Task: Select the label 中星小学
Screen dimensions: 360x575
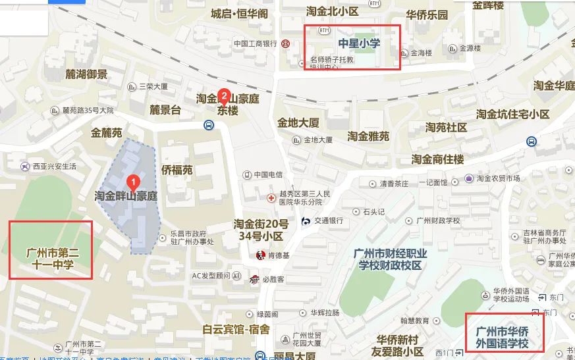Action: point(360,43)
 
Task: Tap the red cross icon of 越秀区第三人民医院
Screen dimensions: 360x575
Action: point(270,198)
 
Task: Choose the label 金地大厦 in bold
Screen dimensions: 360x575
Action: point(298,122)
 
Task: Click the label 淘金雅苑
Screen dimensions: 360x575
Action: point(368,136)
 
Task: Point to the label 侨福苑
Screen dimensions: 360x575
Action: point(177,170)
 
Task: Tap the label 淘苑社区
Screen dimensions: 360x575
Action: point(446,127)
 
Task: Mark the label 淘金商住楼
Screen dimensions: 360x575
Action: point(438,159)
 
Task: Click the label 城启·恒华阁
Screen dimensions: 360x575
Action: point(239,13)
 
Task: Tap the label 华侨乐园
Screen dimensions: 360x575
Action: point(427,14)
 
